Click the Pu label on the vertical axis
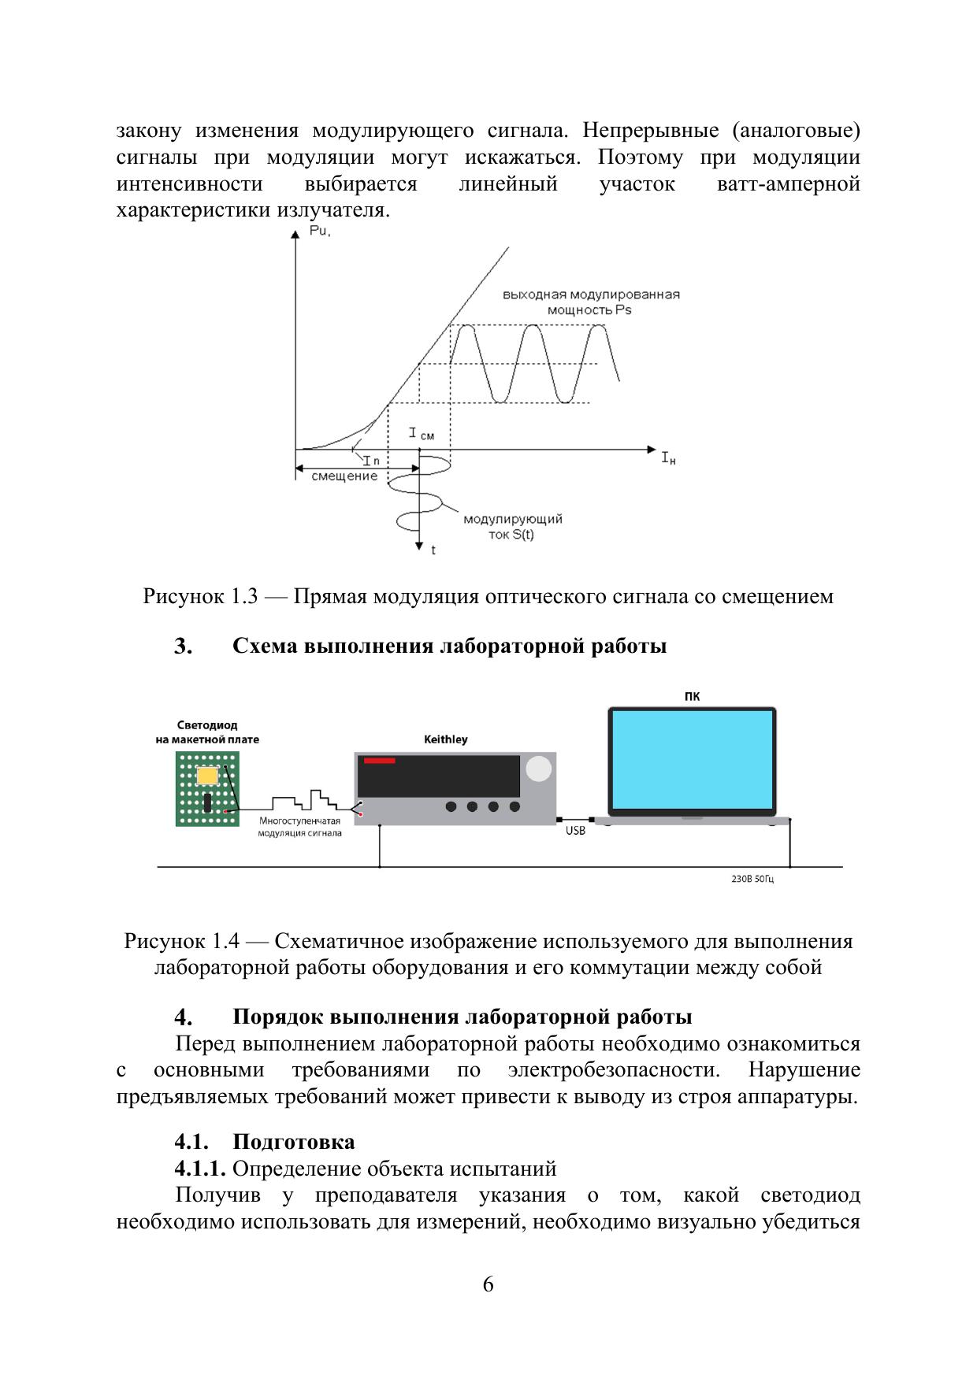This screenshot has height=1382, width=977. point(319,232)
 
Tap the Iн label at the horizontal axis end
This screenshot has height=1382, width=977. point(667,458)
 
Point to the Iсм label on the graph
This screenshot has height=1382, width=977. point(421,434)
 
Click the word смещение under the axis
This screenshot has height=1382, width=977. point(344,476)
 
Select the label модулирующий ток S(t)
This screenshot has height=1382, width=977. point(512,527)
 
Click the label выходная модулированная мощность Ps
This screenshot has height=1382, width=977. point(591,302)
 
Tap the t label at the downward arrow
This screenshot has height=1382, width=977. point(433,550)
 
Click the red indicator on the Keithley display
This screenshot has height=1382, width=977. point(379,761)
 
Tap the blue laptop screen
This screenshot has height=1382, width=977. point(692,759)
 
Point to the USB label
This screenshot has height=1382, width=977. point(575,832)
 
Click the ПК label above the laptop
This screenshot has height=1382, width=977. point(692,696)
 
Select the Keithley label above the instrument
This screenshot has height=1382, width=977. point(446,739)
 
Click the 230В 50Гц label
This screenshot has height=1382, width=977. point(752,879)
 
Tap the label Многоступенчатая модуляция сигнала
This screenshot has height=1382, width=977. point(299,827)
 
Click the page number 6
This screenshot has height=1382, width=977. point(488,1284)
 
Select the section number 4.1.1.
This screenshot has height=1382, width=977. point(200,1169)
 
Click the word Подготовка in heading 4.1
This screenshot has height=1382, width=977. point(293,1142)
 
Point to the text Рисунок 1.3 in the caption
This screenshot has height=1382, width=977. point(200,596)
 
